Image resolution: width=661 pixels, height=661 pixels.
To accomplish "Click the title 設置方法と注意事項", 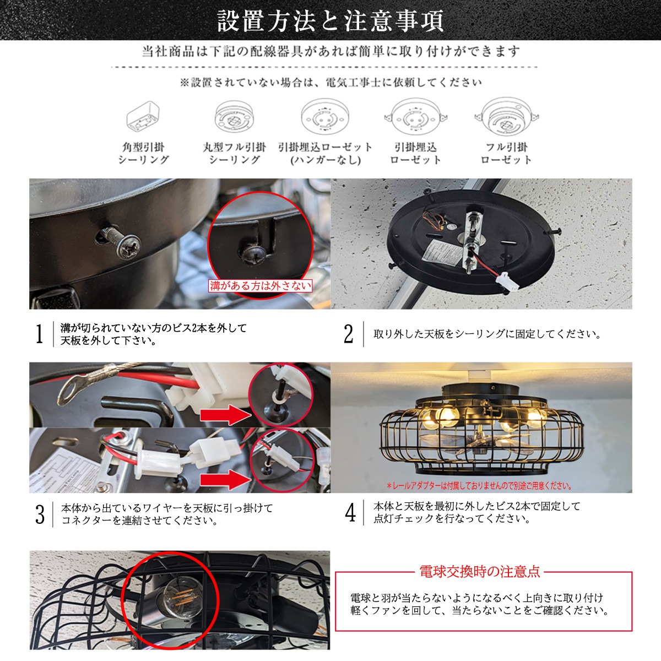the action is (330, 20).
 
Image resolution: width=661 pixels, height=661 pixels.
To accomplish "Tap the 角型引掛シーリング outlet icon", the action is (143, 117).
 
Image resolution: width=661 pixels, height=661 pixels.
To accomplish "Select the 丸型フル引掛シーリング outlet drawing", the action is (234, 117).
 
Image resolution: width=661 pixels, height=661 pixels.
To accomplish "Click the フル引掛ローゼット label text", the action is (506, 153).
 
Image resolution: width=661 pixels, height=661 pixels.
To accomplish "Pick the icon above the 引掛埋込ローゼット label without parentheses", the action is (416, 117).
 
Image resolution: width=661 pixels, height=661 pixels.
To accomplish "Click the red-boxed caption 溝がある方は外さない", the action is (260, 286).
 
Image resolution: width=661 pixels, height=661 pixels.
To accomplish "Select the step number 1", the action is (40, 334).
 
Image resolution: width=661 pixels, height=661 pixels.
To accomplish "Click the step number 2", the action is (348, 334).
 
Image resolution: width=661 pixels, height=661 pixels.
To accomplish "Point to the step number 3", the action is (40, 514).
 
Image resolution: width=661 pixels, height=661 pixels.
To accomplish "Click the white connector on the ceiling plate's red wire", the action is (507, 278).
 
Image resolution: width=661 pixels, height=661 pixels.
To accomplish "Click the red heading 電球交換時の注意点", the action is (479, 571).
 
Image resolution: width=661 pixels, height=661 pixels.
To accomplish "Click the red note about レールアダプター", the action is (479, 486).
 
